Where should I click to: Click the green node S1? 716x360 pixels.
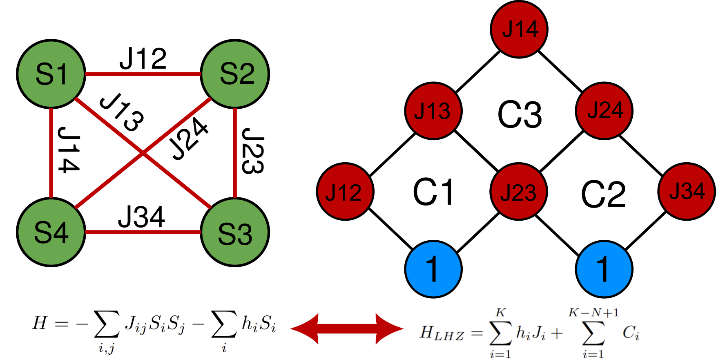pos(51,74)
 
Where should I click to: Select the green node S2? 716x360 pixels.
pos(235,74)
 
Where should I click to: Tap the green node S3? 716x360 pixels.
pos(235,232)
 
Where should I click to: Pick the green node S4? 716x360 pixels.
pos(51,232)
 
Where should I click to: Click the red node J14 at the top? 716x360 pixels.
pos(519,29)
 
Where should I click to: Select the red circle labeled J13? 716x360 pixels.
pos(433,111)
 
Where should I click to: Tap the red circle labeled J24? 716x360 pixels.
pos(604,110)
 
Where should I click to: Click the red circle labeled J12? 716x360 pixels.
pos(345,192)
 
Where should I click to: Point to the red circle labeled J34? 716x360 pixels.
pos(687,191)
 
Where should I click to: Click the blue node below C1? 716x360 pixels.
pos(433,269)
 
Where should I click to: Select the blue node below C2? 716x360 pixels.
pos(604,269)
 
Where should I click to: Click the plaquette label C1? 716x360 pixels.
pos(433,192)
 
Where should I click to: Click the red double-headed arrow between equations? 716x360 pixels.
pos(347,329)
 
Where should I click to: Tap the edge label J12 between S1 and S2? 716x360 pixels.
pos(143,59)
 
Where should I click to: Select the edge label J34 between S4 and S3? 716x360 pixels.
pos(141,217)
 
